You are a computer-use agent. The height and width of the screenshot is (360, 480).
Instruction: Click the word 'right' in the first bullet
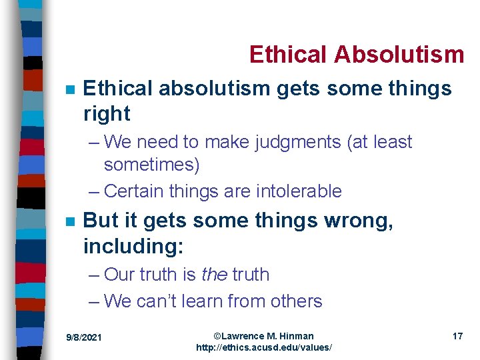click(107, 114)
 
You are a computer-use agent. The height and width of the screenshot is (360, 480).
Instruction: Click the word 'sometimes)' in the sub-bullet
click(151, 164)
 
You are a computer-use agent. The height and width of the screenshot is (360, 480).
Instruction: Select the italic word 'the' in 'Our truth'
click(214, 275)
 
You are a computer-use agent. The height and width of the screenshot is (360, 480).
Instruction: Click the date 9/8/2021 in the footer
click(84, 338)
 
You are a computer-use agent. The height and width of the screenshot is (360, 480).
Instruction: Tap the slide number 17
click(457, 337)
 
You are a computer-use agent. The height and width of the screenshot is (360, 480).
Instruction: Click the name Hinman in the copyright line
click(296, 336)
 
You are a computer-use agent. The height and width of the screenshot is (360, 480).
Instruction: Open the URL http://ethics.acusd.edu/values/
click(263, 348)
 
